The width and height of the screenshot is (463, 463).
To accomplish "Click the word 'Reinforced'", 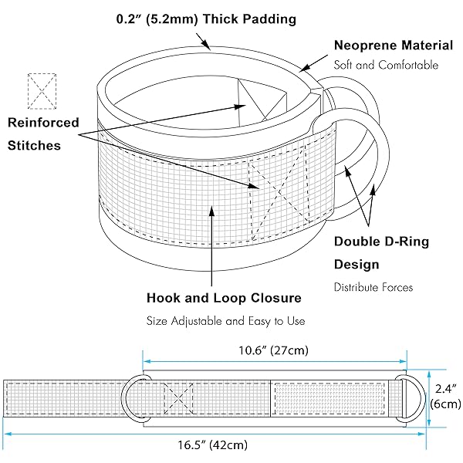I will pyautogui.click(x=43, y=122).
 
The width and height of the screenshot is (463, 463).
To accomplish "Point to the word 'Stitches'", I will pyautogui.click(x=34, y=145).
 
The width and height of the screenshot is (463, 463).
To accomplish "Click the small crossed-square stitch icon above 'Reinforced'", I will pyautogui.click(x=42, y=90).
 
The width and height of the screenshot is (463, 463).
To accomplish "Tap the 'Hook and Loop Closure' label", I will pyautogui.click(x=224, y=297).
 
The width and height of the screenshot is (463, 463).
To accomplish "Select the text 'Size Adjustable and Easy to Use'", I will pyautogui.click(x=226, y=320).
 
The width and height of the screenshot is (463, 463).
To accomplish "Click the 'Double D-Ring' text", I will pyautogui.click(x=381, y=242).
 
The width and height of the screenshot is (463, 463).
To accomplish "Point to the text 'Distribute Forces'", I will pyautogui.click(x=373, y=287).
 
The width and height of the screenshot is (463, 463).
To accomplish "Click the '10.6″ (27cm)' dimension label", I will pyautogui.click(x=274, y=350).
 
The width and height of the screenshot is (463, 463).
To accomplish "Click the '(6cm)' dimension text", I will pyautogui.click(x=445, y=404).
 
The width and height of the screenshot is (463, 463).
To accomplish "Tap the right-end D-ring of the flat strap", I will pyautogui.click(x=411, y=399).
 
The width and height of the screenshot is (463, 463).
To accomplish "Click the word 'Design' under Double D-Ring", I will pyautogui.click(x=357, y=264).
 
